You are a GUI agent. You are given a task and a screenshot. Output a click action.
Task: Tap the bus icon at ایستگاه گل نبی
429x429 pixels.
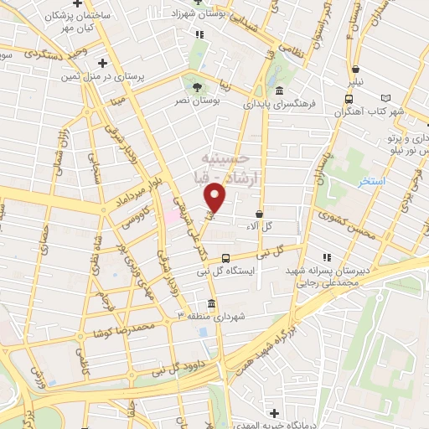[225, 259]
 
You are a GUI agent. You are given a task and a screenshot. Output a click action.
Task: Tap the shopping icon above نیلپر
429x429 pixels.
[357, 70]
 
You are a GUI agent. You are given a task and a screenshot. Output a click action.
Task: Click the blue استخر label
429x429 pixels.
[371, 182]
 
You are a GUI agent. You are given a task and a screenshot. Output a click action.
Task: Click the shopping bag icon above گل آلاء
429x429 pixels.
[260, 214]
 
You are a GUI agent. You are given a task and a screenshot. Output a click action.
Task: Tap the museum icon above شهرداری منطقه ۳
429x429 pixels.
[209, 302]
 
